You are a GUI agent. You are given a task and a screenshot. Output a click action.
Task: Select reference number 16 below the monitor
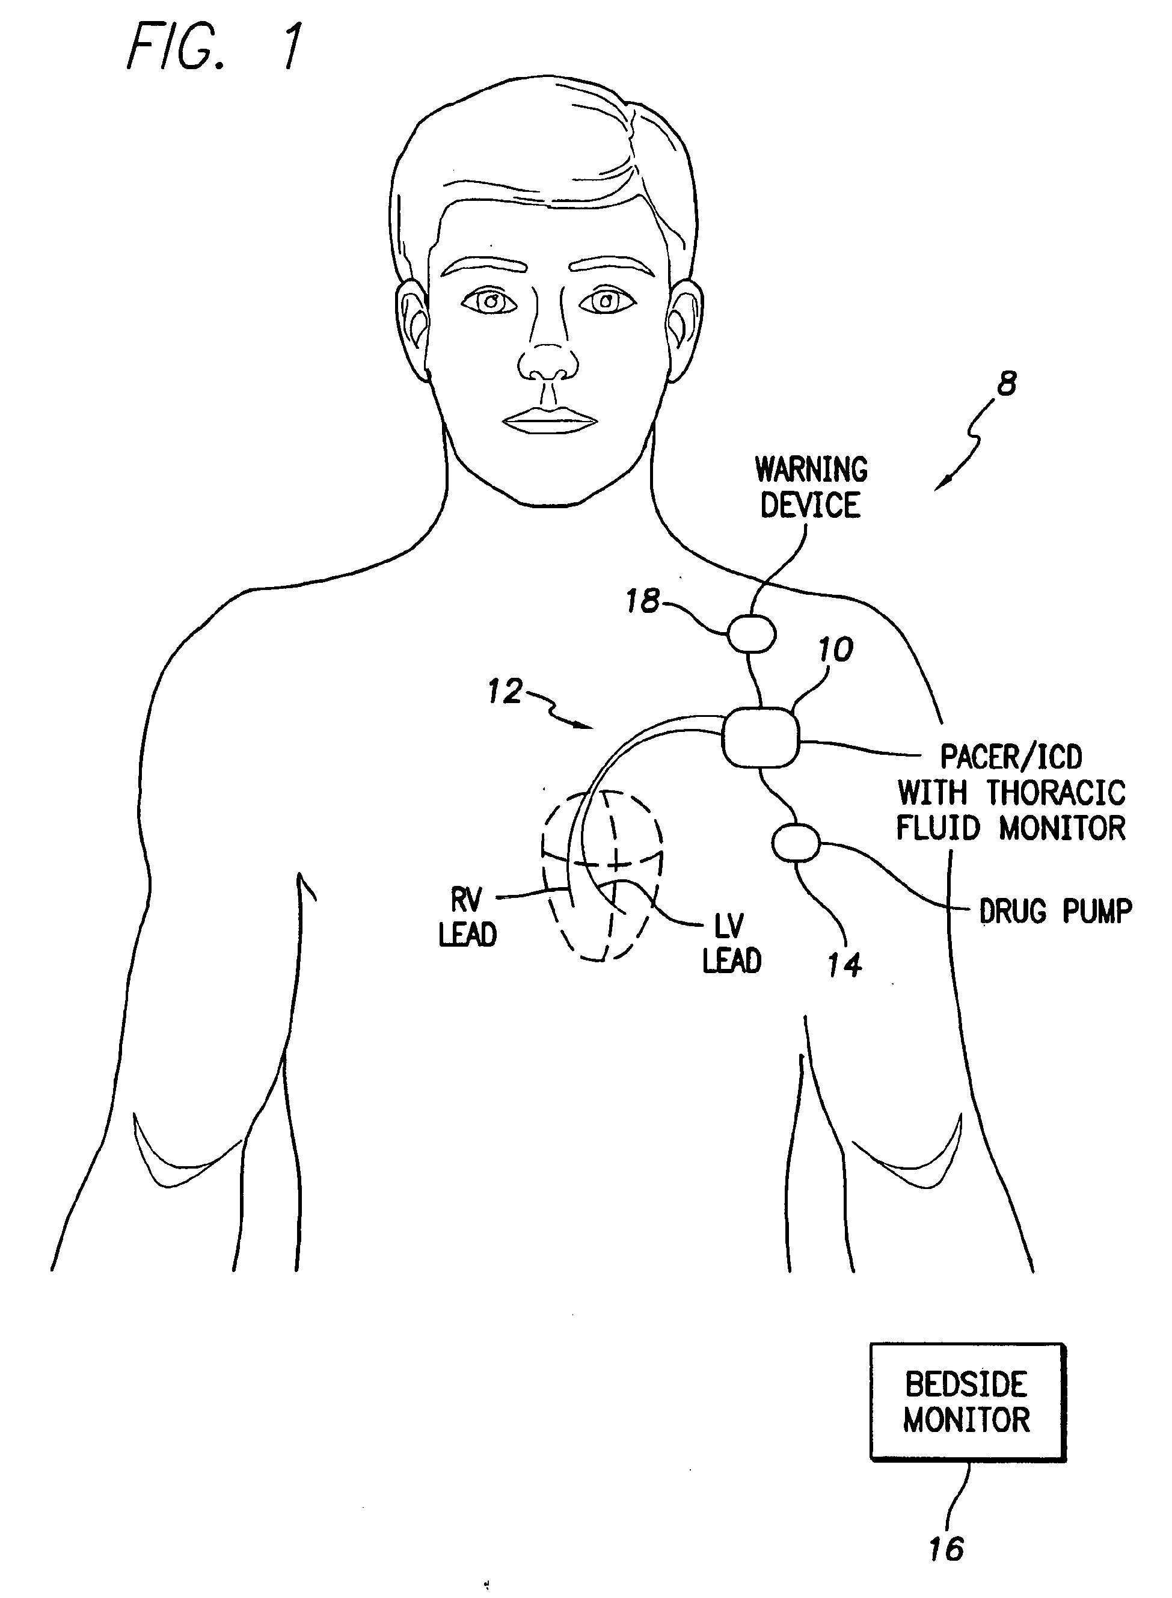(x=946, y=1549)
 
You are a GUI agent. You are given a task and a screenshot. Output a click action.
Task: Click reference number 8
(x=1007, y=384)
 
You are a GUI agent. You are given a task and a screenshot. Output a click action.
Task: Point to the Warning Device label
(x=811, y=488)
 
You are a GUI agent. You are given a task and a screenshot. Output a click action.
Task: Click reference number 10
(x=836, y=650)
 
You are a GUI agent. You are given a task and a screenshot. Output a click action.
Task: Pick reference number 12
(x=505, y=691)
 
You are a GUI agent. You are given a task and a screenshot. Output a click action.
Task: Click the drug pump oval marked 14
(x=796, y=842)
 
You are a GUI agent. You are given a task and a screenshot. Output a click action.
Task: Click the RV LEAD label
(x=467, y=918)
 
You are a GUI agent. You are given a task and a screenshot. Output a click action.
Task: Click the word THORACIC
(x=1057, y=793)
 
